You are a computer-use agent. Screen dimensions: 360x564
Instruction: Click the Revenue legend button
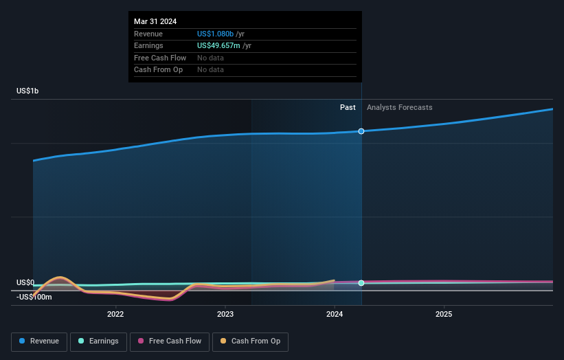(40, 341)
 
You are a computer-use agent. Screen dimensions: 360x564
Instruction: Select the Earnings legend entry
(99, 341)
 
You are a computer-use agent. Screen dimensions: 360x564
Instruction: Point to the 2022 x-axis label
(115, 315)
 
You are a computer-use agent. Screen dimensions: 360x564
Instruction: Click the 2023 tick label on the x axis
(225, 315)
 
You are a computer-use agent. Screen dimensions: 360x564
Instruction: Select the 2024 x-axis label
(335, 315)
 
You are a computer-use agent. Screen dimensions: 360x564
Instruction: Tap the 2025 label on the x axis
(444, 315)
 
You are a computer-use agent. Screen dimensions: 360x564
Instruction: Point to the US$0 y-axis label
(25, 283)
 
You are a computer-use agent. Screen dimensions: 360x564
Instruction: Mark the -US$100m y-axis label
(34, 297)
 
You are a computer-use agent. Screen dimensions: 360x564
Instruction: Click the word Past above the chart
(348, 107)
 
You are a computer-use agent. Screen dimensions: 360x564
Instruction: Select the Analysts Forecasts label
(399, 107)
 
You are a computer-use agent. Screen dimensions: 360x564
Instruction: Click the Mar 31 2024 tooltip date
(155, 21)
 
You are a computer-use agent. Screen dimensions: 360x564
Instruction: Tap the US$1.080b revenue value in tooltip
(215, 34)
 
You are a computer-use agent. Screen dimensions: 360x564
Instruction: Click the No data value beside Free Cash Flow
(210, 58)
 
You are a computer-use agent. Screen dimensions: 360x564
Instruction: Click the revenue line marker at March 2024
(361, 131)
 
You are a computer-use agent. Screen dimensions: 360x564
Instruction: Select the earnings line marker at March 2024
(361, 283)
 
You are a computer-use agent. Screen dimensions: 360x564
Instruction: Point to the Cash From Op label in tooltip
(158, 69)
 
